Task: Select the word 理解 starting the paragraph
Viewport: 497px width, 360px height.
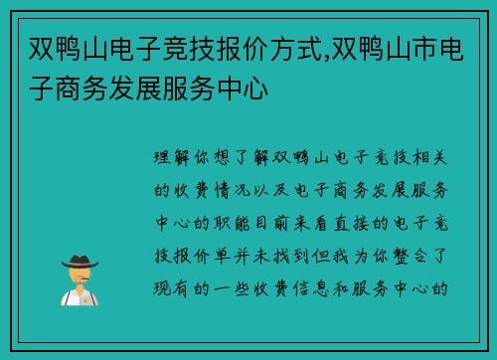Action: point(170,158)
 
